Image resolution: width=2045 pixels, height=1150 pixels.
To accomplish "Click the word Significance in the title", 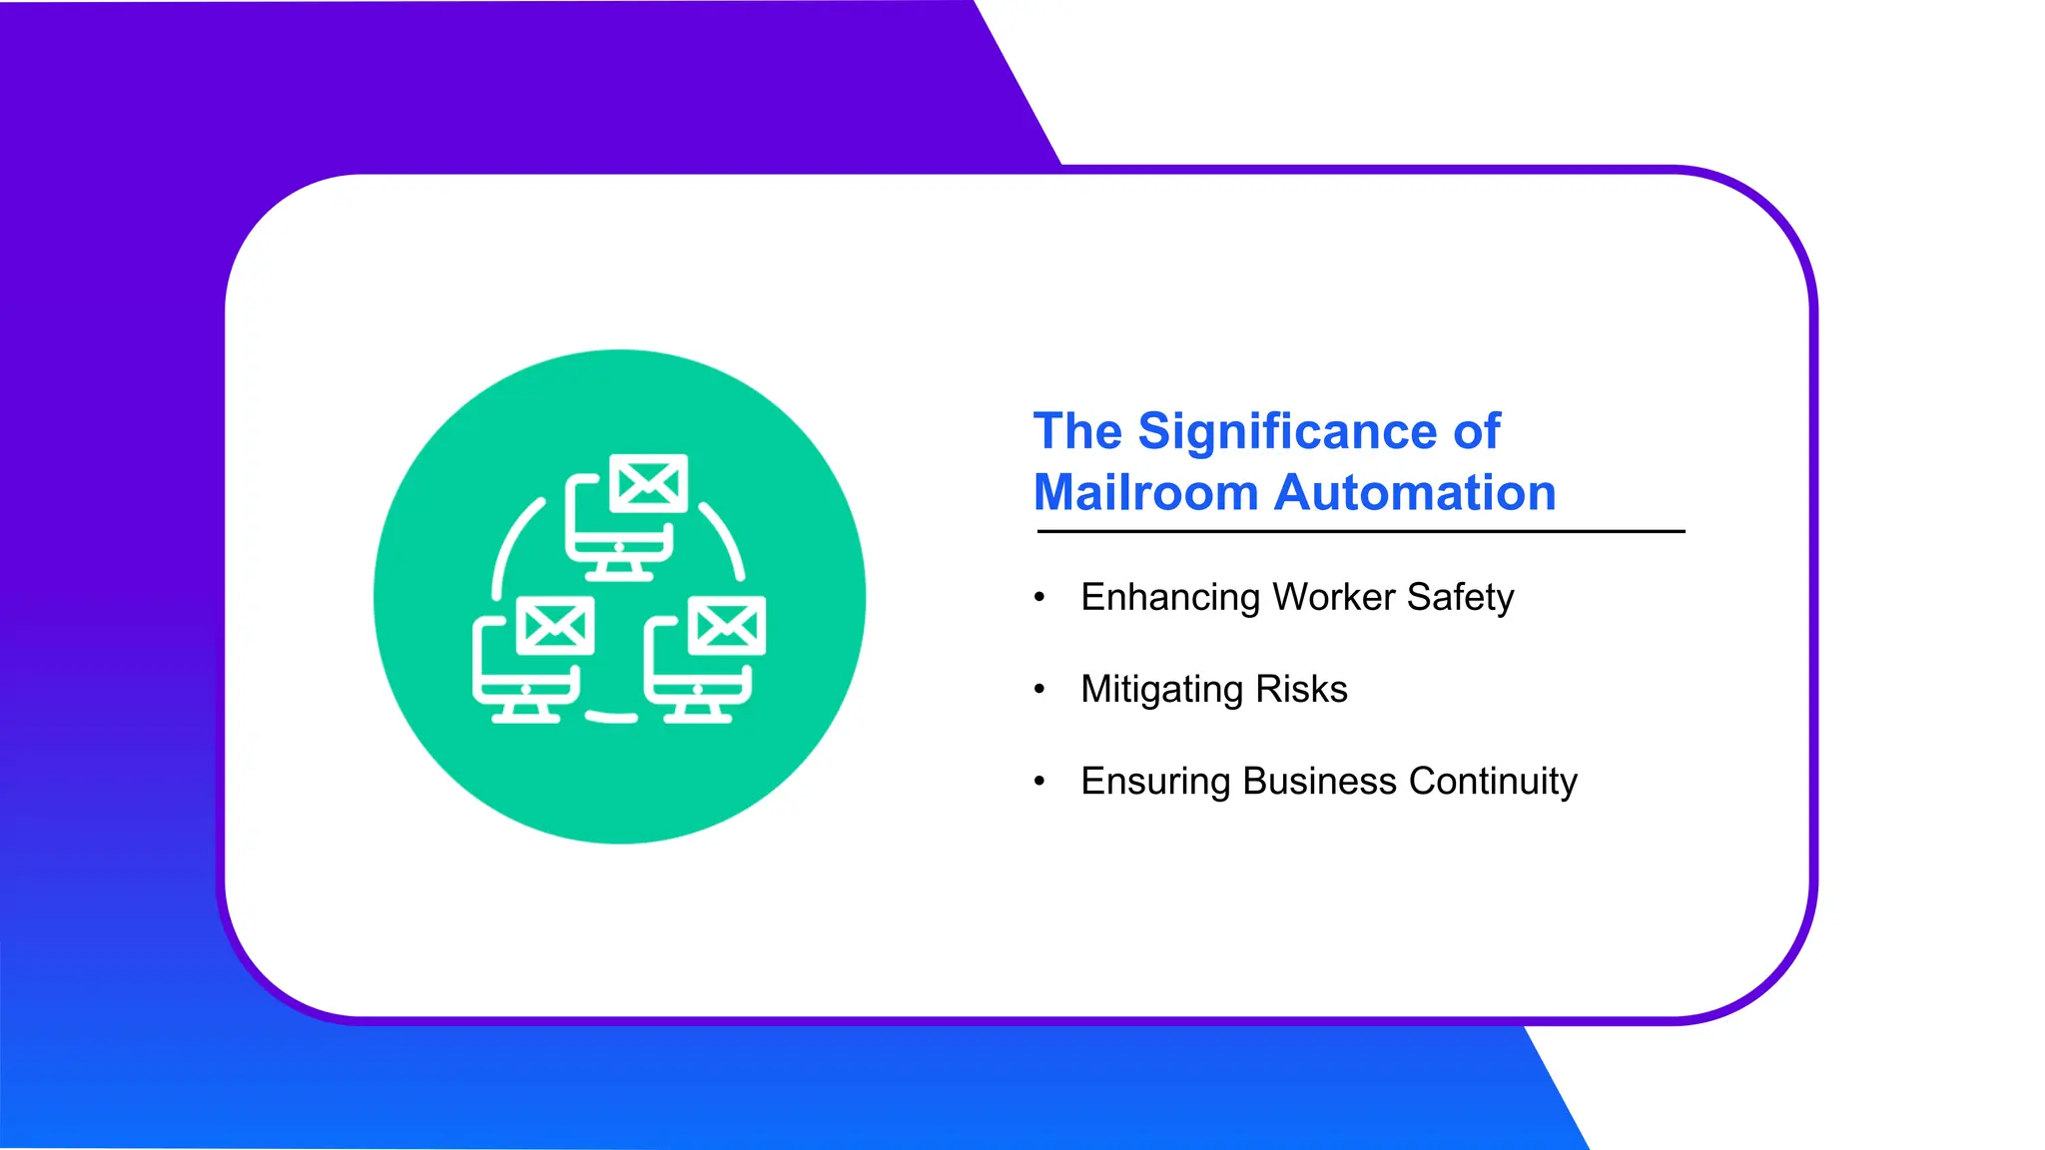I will click(1287, 432).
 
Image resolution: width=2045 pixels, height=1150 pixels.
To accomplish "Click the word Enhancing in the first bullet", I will click(1169, 598).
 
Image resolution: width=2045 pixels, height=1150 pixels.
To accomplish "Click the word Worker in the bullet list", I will click(1334, 597).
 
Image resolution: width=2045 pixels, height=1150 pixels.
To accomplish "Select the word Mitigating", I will click(1161, 690).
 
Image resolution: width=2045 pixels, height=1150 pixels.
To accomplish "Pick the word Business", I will click(1319, 782).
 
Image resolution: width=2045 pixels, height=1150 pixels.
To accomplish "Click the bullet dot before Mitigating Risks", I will click(1039, 689).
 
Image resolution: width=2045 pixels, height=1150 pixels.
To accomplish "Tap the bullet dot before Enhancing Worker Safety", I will click(1039, 597).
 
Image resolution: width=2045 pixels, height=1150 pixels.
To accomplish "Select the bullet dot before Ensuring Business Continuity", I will click(1039, 781).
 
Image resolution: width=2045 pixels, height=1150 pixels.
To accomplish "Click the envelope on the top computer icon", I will click(649, 484).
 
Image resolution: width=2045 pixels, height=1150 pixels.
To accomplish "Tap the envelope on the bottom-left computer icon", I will click(556, 626).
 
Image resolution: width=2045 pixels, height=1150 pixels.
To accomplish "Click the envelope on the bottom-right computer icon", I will click(728, 626).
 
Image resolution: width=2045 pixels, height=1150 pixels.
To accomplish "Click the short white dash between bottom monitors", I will click(611, 717).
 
